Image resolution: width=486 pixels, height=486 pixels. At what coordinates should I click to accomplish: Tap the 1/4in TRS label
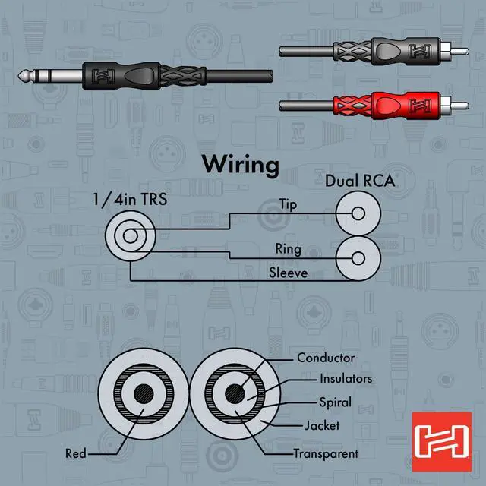130,201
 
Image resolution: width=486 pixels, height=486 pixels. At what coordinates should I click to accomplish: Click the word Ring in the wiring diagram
287,248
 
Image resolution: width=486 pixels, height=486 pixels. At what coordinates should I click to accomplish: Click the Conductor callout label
325,358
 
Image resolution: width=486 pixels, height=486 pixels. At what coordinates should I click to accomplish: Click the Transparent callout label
326,454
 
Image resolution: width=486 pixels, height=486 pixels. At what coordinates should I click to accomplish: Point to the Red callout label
76,454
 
